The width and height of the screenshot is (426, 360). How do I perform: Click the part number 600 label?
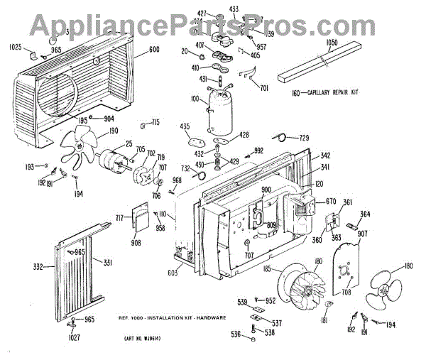point(155,50)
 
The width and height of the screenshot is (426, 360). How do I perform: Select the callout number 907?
point(361,234)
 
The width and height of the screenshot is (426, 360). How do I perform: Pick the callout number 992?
point(258,151)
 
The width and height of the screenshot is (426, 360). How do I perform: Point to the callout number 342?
point(325,155)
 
